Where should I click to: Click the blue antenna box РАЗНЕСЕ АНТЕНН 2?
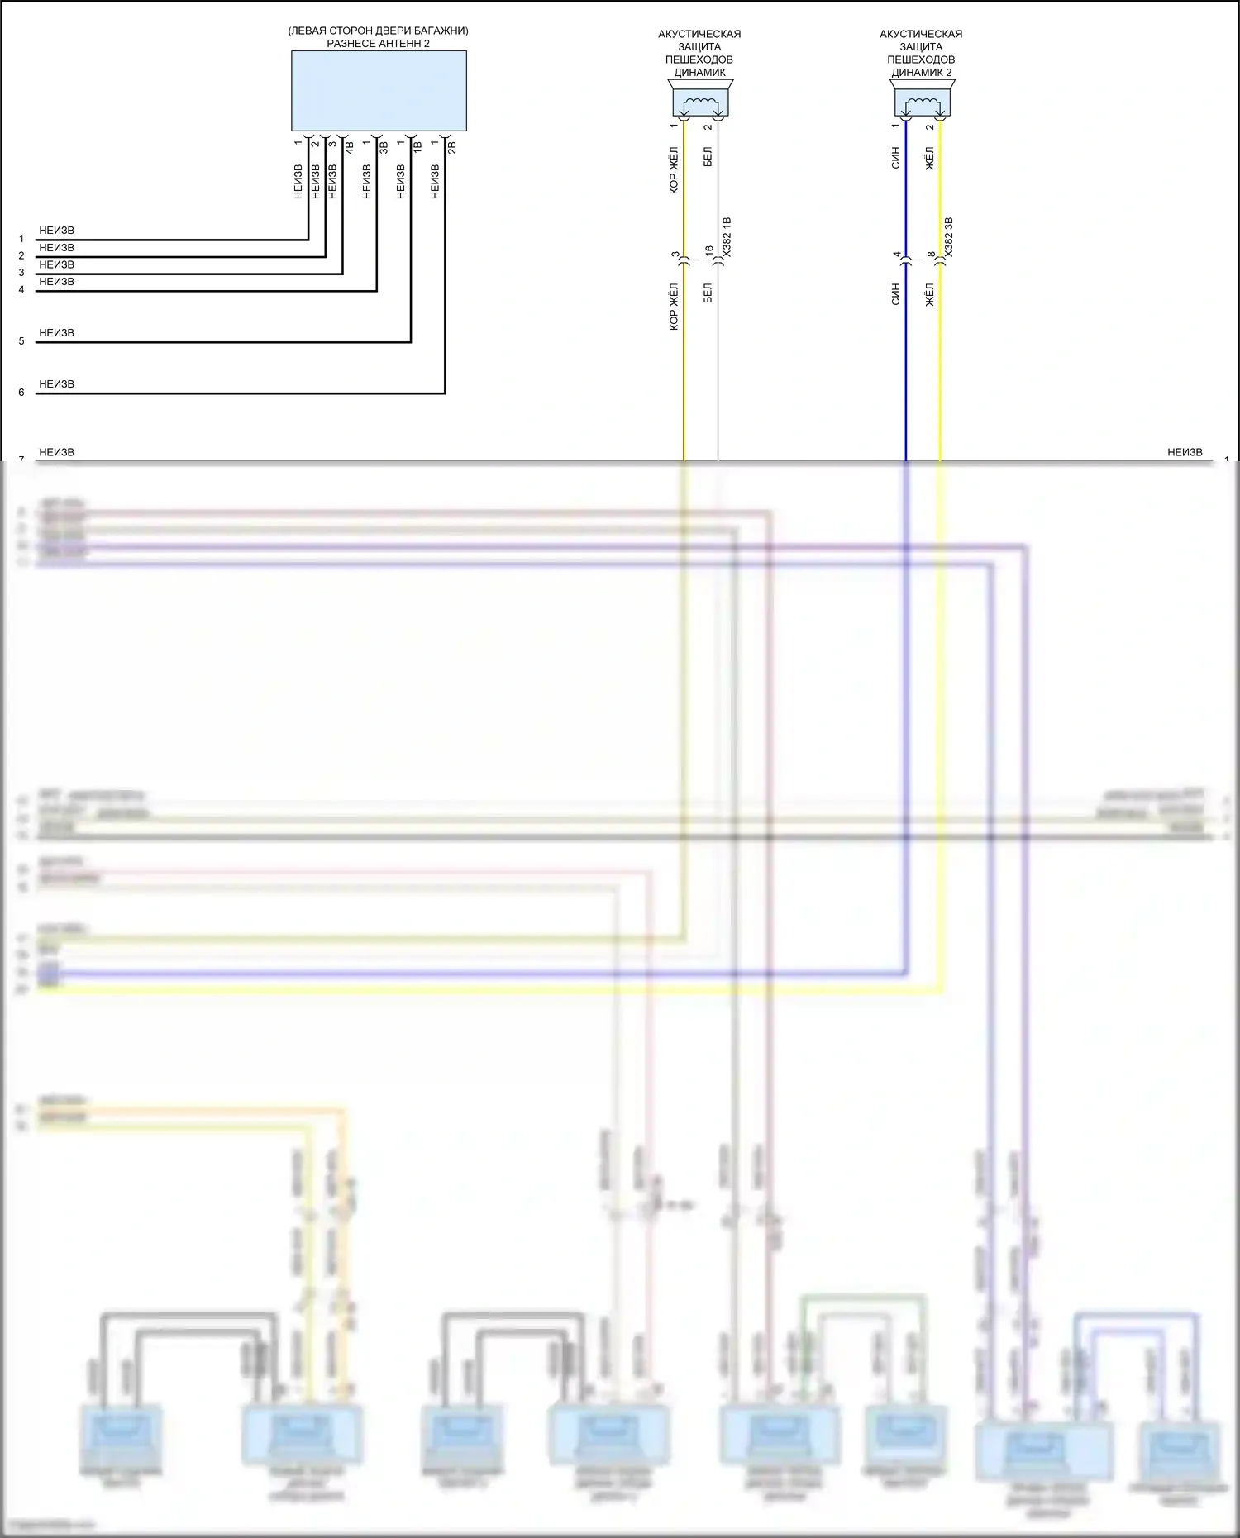click(x=379, y=91)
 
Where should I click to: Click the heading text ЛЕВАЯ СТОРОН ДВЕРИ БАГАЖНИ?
click(x=379, y=31)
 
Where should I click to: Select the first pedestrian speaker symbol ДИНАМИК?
click(x=699, y=103)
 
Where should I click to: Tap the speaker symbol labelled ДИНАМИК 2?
click(x=922, y=103)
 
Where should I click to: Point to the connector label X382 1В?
click(x=727, y=238)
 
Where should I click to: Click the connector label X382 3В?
click(x=949, y=238)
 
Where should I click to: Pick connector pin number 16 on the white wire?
click(x=709, y=250)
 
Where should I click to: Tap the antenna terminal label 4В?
click(x=350, y=148)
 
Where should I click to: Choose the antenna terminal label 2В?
click(x=452, y=148)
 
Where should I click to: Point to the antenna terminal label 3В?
click(x=384, y=148)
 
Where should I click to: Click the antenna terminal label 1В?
click(x=417, y=148)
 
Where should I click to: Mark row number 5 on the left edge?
click(x=21, y=341)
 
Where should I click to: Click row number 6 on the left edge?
click(x=21, y=393)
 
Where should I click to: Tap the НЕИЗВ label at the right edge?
click(x=1185, y=452)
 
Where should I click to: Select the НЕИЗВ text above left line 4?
click(x=56, y=282)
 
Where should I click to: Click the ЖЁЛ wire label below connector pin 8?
click(x=930, y=295)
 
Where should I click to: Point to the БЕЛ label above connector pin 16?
click(x=708, y=157)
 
